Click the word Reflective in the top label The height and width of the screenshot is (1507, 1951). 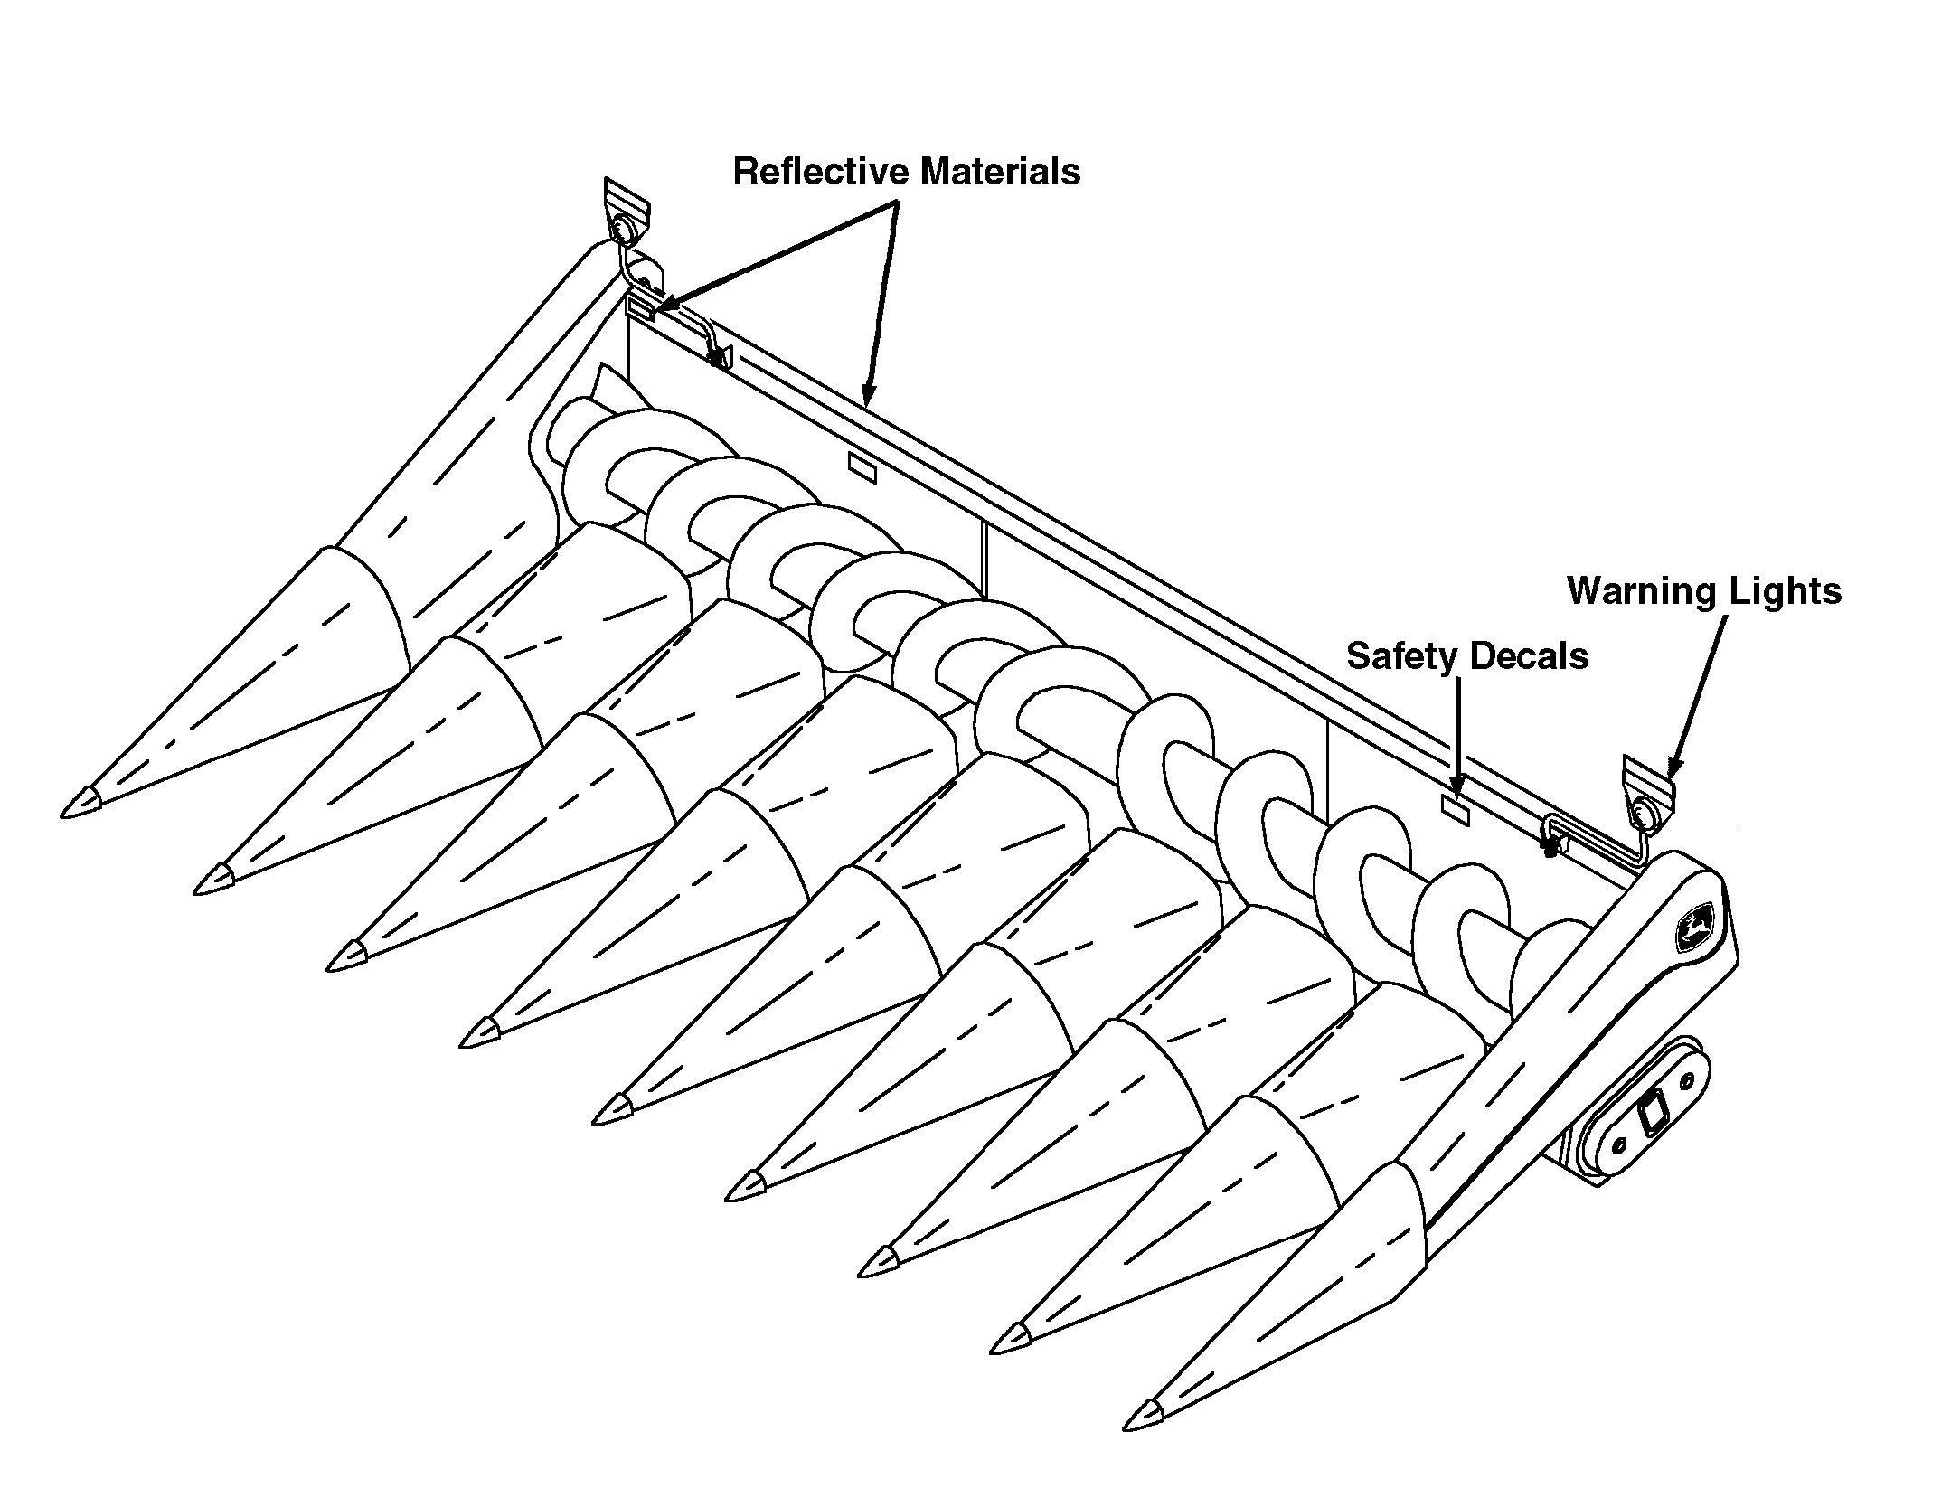coord(817,172)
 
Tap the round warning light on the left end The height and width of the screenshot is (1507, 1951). coord(623,230)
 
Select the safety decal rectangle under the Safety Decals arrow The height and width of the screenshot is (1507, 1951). coord(1455,808)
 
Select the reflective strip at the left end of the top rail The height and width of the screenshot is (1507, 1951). coord(640,309)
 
